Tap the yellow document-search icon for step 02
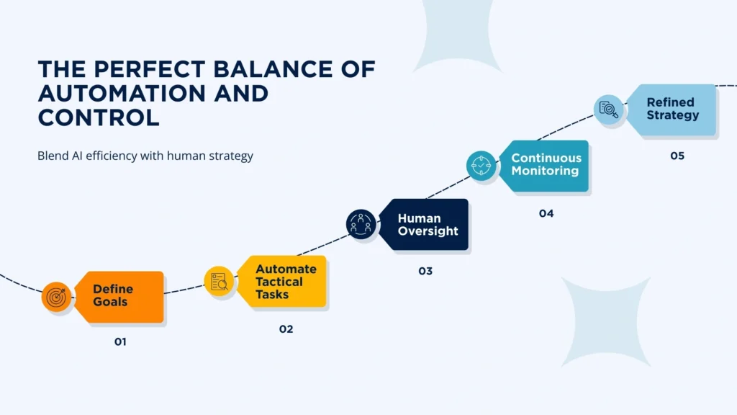point(219,281)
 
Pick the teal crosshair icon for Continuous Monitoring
point(480,165)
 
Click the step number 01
point(120,342)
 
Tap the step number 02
point(286,329)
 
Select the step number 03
point(425,272)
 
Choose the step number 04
point(546,213)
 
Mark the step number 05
point(677,156)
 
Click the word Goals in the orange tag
point(110,302)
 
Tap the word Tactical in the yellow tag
point(279,282)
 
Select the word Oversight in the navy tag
point(428,231)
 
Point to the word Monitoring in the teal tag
point(545,171)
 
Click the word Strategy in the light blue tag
point(672,115)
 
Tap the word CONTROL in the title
point(98,117)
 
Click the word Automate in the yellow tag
point(286,269)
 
